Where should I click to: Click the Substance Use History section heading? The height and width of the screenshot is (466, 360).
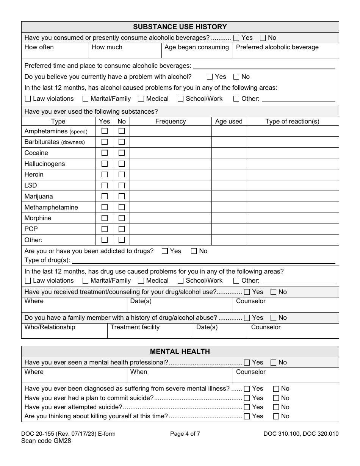pyautogui.click(x=180, y=27)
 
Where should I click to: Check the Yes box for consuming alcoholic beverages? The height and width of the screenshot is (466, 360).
pyautogui.click(x=236, y=38)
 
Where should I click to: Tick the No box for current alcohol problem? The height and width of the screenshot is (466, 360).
pyautogui.click(x=236, y=77)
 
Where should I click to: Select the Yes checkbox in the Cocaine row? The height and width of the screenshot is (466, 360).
pyautogui.click(x=105, y=153)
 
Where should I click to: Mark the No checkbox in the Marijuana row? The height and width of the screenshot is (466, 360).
pyautogui.click(x=122, y=197)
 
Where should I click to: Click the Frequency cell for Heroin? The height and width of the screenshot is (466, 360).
pyautogui.click(x=171, y=175)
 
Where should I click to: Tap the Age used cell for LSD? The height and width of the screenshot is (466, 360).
pyautogui.click(x=229, y=186)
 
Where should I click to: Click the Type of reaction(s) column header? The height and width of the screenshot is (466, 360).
pyautogui.click(x=292, y=122)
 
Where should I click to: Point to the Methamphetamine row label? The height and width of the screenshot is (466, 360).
pyautogui.click(x=51, y=208)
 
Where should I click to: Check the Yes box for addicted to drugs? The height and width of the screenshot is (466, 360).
pyautogui.click(x=165, y=251)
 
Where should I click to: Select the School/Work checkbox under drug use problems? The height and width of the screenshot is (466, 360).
pyautogui.click(x=181, y=281)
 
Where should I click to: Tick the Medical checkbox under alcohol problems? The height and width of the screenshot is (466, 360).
pyautogui.click(x=141, y=99)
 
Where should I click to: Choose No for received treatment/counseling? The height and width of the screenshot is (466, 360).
pyautogui.click(x=274, y=292)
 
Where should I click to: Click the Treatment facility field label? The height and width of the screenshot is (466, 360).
pyautogui.click(x=135, y=327)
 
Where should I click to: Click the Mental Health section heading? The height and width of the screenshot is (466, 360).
pyautogui.click(x=180, y=352)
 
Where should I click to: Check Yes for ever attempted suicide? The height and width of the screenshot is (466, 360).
pyautogui.click(x=247, y=407)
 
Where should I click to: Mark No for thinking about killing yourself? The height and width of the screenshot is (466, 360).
pyautogui.click(x=276, y=416)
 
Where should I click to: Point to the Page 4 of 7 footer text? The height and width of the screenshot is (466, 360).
pyautogui.click(x=185, y=434)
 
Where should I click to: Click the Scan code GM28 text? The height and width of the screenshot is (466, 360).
pyautogui.click(x=46, y=441)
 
